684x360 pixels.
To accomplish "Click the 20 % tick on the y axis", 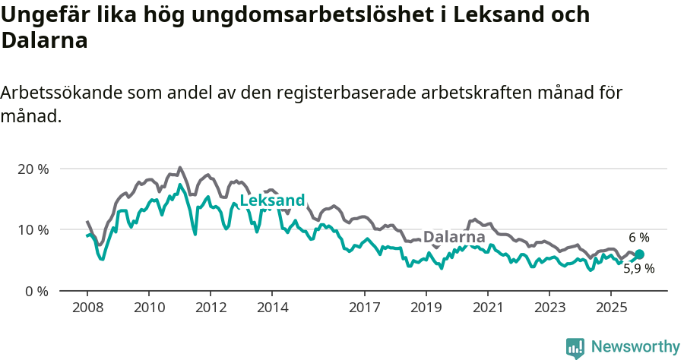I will (33, 169).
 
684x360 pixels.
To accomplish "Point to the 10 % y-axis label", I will (33, 229).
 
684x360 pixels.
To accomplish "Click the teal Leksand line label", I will (272, 201).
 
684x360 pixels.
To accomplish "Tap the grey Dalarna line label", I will (454, 237).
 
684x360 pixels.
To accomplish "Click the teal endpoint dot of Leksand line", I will (639, 254).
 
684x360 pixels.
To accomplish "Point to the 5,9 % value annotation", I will (639, 268).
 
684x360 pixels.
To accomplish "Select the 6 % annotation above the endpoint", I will (639, 238).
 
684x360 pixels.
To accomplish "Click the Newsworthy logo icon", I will (575, 348).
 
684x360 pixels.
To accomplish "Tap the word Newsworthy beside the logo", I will (635, 347).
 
